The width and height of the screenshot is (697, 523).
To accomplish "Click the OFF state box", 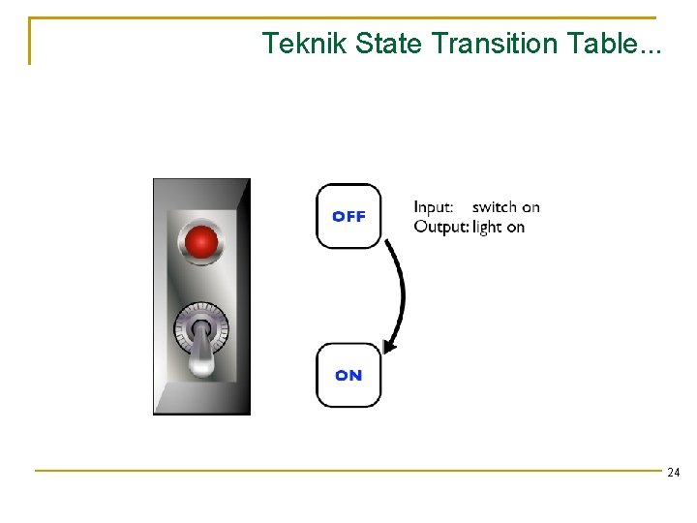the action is pos(348,216).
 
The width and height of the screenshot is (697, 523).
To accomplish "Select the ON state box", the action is pos(348,375).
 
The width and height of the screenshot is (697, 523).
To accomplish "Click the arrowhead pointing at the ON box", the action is pos(389,345).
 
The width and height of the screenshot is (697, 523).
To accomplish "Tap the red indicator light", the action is pos(201,241).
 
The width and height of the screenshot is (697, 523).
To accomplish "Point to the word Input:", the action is pos(434,207).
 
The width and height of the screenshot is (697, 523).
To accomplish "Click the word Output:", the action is pos(441,227).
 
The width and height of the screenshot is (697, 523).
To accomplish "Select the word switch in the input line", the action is pos(495,207).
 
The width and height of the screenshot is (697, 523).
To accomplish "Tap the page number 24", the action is pos(673,473).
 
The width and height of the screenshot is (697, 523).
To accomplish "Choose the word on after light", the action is pos(515,227).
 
